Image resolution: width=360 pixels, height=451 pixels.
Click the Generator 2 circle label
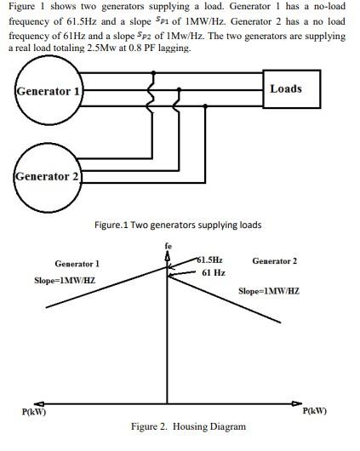tap(48, 176)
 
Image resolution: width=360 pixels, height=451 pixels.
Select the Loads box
tap(285, 88)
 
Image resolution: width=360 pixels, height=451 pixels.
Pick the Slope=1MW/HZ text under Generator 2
tap(268, 291)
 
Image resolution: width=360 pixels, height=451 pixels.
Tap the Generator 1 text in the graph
tap(77, 264)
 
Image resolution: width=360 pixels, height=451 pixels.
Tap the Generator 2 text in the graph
tap(274, 260)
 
